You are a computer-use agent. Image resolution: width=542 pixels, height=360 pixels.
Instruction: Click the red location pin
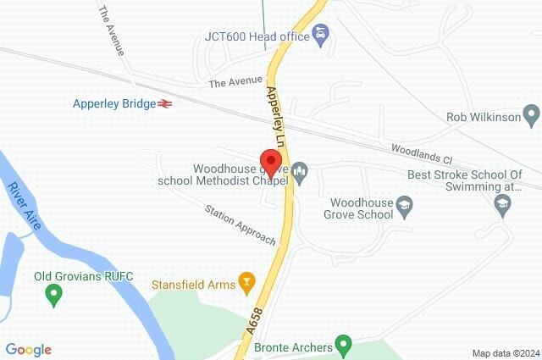click(x=271, y=162)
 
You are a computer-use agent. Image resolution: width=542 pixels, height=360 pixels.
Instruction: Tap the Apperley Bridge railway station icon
click(x=167, y=104)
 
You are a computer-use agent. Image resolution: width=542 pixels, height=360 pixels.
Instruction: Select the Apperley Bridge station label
click(x=114, y=104)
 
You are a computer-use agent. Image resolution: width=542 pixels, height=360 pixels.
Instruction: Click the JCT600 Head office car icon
click(x=321, y=36)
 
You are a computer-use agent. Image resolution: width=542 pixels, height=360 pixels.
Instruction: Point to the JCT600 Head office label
click(x=257, y=36)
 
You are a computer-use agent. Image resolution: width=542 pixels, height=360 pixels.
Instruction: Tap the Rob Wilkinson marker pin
click(x=531, y=114)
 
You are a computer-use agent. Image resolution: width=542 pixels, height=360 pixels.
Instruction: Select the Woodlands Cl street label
click(x=423, y=153)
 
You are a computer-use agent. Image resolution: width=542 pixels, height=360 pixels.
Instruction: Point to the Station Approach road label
click(x=241, y=225)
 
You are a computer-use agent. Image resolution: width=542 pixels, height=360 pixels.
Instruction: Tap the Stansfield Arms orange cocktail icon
click(x=246, y=280)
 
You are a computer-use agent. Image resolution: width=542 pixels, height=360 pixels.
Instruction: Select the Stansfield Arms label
click(x=193, y=285)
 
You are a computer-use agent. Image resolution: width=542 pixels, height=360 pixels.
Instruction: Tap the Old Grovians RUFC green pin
click(x=54, y=296)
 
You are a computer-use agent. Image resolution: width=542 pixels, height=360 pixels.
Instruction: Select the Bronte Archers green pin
click(x=343, y=346)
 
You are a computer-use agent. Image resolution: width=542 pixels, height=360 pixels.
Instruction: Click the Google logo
click(x=28, y=350)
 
